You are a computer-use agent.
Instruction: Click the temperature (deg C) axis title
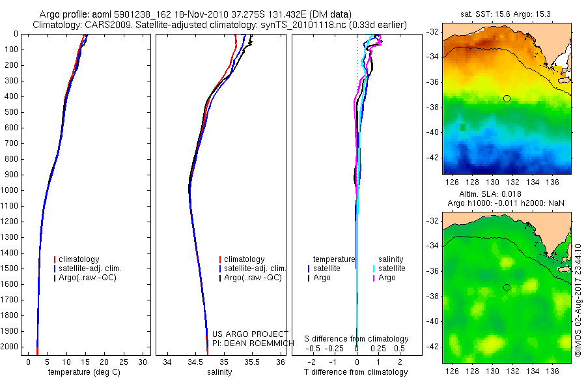pos(85,372)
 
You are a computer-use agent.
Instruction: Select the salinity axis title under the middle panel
pos(219,372)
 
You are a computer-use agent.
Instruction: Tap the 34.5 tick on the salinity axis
pos(195,361)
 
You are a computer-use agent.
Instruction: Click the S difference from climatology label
pos(357,339)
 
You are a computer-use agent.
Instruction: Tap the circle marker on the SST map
pos(507,98)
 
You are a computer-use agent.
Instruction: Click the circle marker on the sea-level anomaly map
pos(507,287)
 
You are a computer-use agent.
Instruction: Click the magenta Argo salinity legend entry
pos(388,278)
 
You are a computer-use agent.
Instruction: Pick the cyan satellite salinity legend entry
pos(391,269)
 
